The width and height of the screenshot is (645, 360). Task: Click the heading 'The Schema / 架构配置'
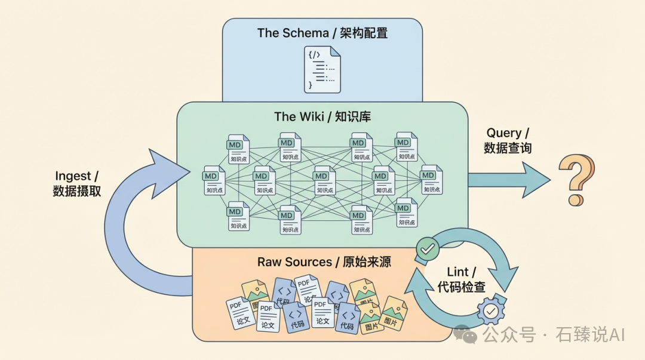pyautogui.click(x=322, y=33)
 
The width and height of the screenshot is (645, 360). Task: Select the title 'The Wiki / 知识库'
pyautogui.click(x=322, y=116)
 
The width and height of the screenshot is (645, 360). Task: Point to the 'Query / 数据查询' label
pyautogui.click(x=508, y=140)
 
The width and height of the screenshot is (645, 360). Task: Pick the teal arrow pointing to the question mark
pyautogui.click(x=508, y=180)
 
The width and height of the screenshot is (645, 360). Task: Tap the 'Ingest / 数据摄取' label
pyautogui.click(x=77, y=183)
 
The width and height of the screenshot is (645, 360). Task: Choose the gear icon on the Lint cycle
pyautogui.click(x=490, y=311)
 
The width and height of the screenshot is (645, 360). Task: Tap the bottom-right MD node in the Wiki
pyautogui.click(x=406, y=213)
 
